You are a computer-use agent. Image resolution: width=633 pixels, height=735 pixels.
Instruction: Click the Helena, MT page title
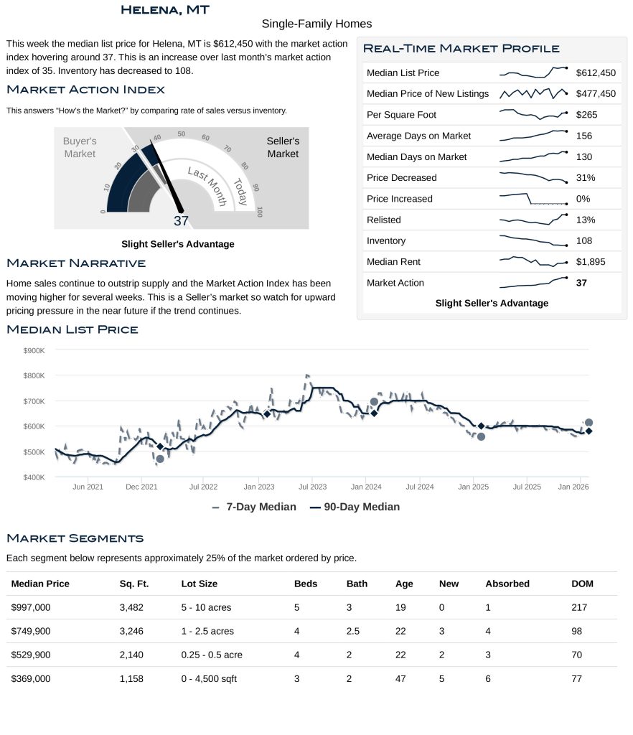point(165,9)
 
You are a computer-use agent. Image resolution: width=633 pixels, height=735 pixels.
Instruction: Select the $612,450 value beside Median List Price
point(596,72)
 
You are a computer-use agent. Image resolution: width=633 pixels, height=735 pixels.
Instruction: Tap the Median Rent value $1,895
point(591,262)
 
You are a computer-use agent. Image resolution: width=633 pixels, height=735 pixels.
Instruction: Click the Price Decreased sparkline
point(533,177)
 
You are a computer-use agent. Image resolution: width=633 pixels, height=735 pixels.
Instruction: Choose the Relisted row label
point(383,220)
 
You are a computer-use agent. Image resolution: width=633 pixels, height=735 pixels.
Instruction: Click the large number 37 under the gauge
point(181,221)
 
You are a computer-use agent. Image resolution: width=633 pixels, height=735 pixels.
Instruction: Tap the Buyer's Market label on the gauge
point(79,148)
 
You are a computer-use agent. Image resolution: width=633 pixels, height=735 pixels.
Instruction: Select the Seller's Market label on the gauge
point(283,148)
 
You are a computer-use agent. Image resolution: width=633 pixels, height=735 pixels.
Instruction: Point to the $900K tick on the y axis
point(34,350)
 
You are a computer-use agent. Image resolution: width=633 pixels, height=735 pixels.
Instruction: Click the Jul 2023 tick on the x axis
point(313,487)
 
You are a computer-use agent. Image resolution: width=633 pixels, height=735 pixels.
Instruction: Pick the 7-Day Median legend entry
point(254,507)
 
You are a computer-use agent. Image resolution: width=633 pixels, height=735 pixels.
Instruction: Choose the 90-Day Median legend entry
point(355,507)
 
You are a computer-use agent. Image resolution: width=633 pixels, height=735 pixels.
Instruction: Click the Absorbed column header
point(507,584)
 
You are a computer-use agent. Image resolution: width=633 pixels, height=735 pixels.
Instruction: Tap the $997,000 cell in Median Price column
point(31,607)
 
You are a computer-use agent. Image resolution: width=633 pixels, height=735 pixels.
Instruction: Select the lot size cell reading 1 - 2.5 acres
point(207,631)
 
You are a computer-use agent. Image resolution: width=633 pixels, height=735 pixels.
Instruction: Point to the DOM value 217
point(579,607)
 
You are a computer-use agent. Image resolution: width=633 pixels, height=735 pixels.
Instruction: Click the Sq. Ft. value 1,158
point(131,678)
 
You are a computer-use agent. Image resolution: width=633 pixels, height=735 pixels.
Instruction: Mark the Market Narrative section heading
point(76,263)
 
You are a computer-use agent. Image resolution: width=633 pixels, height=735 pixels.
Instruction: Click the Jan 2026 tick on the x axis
point(573,487)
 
